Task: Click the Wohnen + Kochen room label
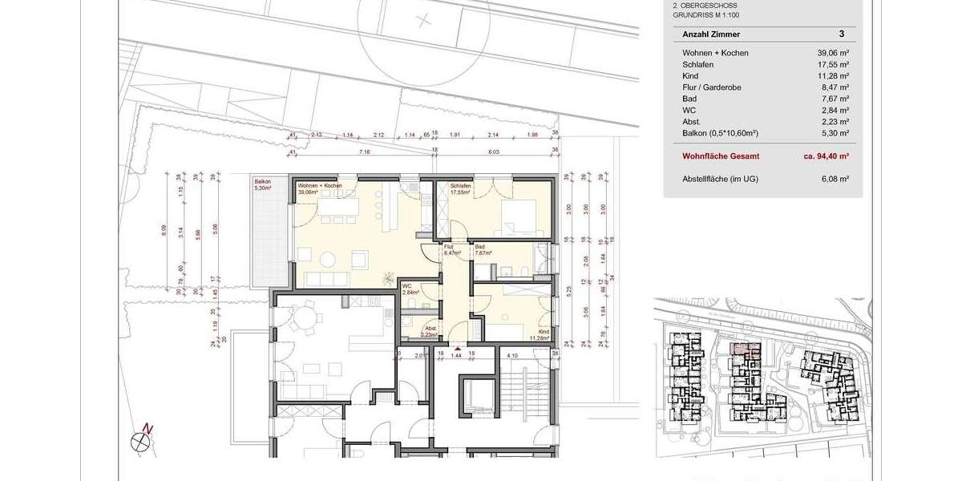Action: [320, 185]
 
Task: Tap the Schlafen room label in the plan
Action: [460, 185]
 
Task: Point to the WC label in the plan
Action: [406, 286]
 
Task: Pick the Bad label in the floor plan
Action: [480, 247]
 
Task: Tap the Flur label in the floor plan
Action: [449, 247]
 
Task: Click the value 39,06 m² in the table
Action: [833, 53]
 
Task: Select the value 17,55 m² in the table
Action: [833, 64]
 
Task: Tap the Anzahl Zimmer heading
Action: [710, 34]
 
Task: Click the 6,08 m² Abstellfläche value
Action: [835, 179]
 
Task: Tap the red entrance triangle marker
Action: [457, 350]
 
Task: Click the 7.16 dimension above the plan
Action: [363, 150]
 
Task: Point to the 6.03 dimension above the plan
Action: [494, 150]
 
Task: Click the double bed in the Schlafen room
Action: [519, 215]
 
